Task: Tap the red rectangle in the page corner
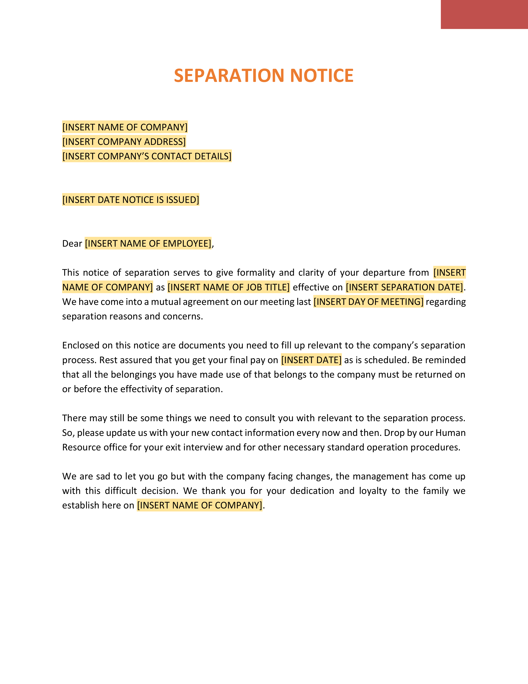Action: click(x=484, y=15)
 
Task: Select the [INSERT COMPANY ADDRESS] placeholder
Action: click(x=124, y=142)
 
